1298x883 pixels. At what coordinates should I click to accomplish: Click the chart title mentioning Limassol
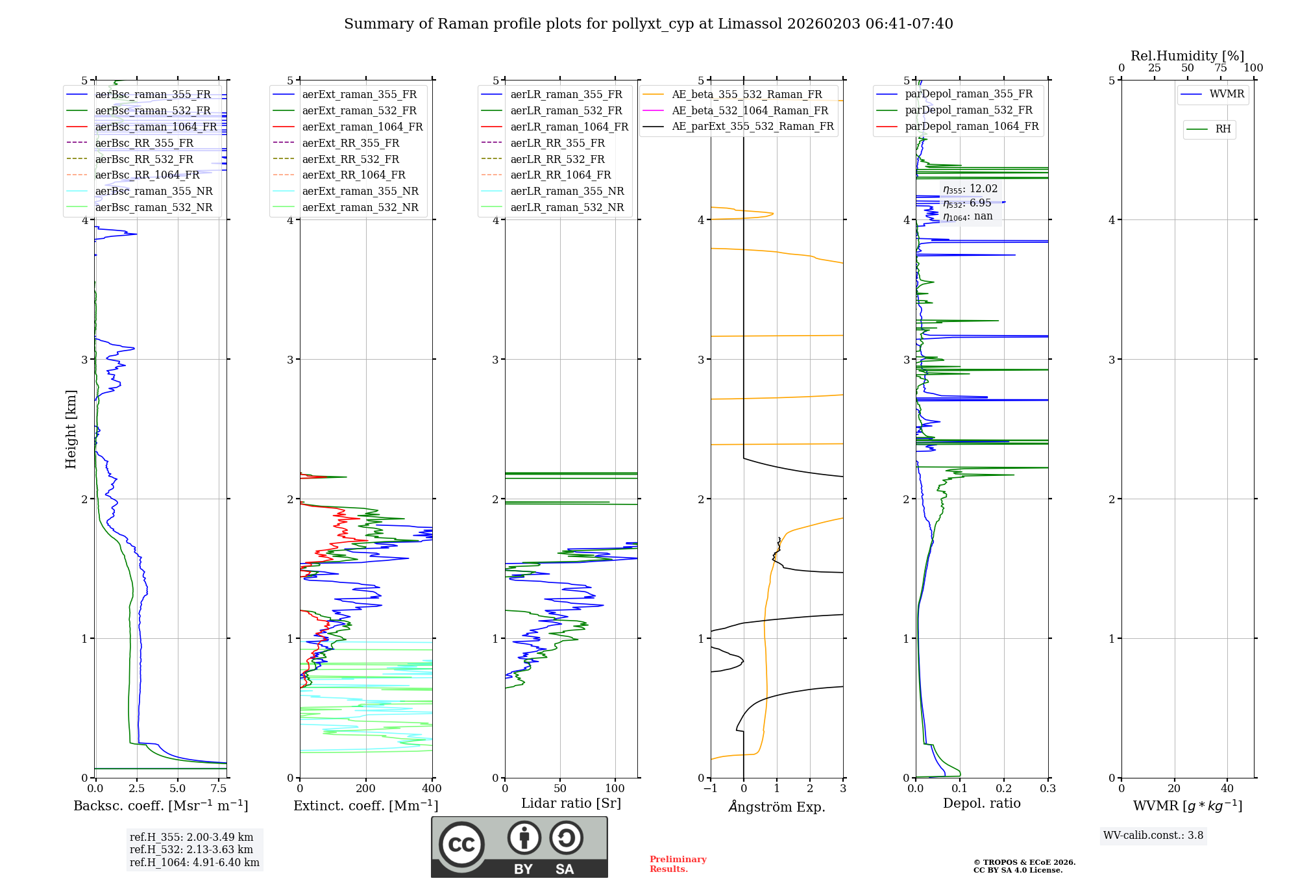[648, 24]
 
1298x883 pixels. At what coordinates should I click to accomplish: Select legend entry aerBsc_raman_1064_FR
[156, 127]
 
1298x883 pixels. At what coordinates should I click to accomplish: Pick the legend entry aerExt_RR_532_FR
[350, 159]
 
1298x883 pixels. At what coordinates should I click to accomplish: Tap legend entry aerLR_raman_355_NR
[567, 192]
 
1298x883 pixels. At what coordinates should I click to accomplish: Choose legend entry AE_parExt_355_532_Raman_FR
[752, 127]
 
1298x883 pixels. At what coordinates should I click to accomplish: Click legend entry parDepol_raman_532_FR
[968, 110]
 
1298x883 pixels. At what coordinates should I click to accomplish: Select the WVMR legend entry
[1226, 94]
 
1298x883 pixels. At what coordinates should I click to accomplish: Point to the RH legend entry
[1223, 129]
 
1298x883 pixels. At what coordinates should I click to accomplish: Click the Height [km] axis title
[71, 429]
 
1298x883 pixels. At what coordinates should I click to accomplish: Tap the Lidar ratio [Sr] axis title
[571, 803]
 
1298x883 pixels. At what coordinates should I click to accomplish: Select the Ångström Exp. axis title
[777, 807]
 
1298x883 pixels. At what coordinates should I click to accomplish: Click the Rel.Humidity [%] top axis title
[1187, 56]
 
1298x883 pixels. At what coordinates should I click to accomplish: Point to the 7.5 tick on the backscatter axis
[219, 789]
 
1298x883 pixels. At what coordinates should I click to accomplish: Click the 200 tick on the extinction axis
[366, 789]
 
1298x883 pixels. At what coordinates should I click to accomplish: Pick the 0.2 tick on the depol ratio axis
[1004, 789]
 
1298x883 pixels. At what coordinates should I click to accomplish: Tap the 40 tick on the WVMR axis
[1227, 789]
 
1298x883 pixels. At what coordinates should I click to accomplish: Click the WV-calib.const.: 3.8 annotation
[1153, 836]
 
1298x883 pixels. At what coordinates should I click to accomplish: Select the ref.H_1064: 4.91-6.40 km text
[195, 863]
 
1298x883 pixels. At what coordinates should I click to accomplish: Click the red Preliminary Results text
[678, 864]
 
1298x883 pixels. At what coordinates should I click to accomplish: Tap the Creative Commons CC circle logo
[461, 845]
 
